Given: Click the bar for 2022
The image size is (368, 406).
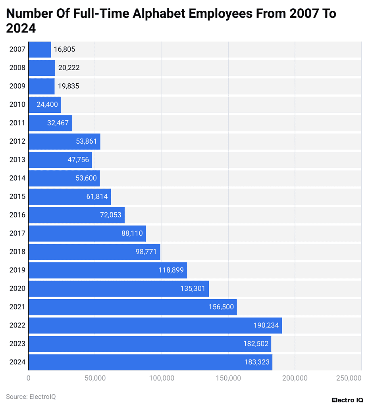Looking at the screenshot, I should [155, 325].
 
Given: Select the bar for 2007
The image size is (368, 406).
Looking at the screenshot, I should [40, 50].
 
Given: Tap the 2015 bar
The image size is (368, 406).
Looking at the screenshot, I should [69, 196].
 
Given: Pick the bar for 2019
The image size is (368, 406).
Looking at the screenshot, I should [107, 270].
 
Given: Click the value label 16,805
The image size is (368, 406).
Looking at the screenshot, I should [65, 50].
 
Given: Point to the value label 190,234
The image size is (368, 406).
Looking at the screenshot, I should [266, 325].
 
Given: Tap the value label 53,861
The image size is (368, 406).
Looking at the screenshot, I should [86, 141].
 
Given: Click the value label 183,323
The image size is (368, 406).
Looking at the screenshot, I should [256, 362].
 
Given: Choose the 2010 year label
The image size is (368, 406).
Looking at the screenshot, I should [17, 105].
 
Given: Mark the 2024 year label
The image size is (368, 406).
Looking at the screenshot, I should [17, 362].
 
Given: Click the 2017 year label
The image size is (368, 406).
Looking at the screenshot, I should [17, 233].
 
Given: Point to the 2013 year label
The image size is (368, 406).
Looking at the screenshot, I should [17, 160].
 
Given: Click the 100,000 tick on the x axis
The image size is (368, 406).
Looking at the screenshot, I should [162, 378].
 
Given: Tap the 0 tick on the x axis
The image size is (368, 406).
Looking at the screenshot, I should [29, 378].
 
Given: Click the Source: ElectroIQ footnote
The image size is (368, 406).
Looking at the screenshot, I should [31, 396].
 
